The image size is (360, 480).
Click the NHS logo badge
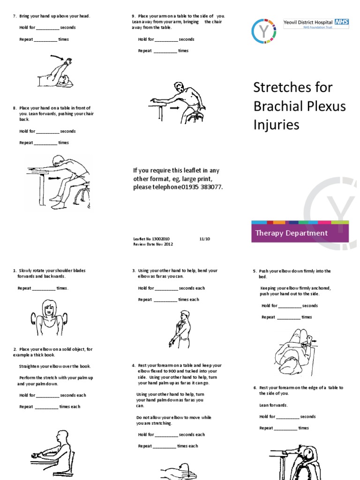click(341, 22)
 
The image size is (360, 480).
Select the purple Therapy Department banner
click(300, 233)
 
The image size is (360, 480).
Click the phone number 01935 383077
click(202, 187)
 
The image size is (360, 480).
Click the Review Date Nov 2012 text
click(153, 244)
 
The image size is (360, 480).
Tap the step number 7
click(14, 16)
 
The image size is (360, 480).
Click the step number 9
click(134, 16)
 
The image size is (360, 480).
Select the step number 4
click(134, 365)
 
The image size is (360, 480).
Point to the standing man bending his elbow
click(182, 329)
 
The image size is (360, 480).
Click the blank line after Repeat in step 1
click(45, 289)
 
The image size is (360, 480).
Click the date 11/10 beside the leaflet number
click(205, 239)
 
